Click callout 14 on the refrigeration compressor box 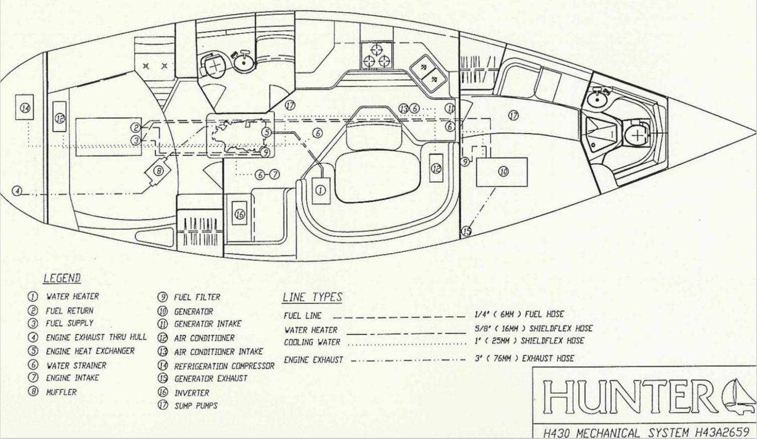pyautogui.click(x=25, y=108)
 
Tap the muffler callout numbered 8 pyautogui.click(x=159, y=171)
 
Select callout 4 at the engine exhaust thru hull pyautogui.click(x=17, y=191)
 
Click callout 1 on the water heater pyautogui.click(x=321, y=191)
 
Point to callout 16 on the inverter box pyautogui.click(x=240, y=214)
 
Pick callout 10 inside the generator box pyautogui.click(x=504, y=172)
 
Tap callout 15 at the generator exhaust pyautogui.click(x=467, y=232)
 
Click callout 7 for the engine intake pyautogui.click(x=275, y=175)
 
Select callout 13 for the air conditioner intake pyautogui.click(x=403, y=109)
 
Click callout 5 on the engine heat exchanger pyautogui.click(x=267, y=132)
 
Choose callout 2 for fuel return pyautogui.click(x=136, y=128)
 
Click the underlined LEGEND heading pyautogui.click(x=62, y=278)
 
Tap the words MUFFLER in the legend pyautogui.click(x=61, y=392)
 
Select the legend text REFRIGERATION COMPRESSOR pyautogui.click(x=224, y=366)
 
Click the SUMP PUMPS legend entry pyautogui.click(x=196, y=405)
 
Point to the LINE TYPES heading pyautogui.click(x=312, y=297)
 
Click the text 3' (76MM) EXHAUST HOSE pyautogui.click(x=524, y=358)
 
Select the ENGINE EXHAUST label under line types pyautogui.click(x=313, y=360)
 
